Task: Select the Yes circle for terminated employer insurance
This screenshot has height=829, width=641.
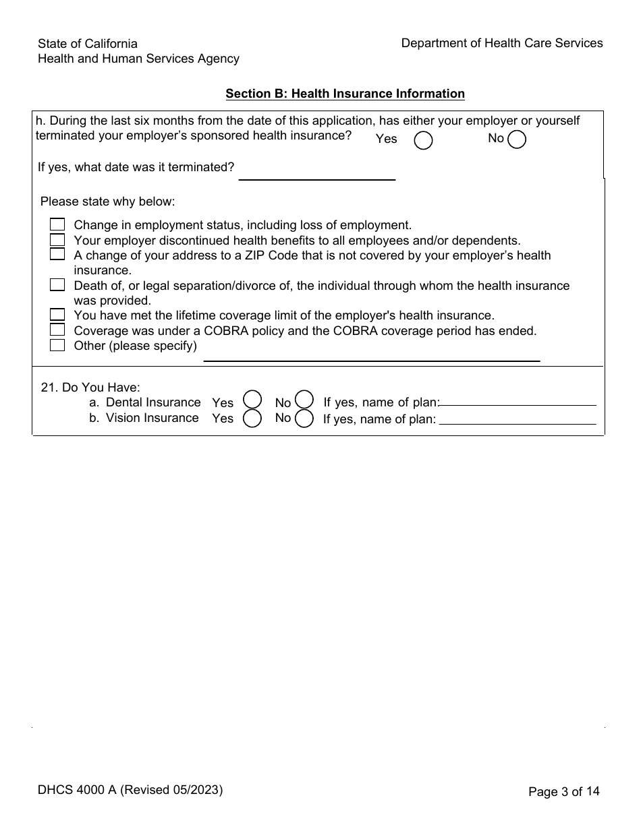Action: (423, 140)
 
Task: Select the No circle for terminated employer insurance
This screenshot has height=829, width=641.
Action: (517, 139)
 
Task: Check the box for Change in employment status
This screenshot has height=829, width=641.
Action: (57, 224)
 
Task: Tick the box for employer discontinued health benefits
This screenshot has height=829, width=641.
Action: (57, 239)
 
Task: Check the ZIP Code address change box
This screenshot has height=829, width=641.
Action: (57, 254)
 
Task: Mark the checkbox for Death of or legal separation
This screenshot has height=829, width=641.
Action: (57, 285)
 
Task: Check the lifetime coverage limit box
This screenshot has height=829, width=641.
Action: (57, 315)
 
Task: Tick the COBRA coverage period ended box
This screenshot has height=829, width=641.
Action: (57, 330)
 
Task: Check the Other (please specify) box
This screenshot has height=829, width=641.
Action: (57, 345)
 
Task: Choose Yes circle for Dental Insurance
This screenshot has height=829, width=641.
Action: (252, 400)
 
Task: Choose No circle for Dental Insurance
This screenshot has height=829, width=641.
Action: (305, 400)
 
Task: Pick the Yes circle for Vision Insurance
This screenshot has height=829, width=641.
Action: (252, 419)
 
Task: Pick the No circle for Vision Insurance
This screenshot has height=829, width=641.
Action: (305, 419)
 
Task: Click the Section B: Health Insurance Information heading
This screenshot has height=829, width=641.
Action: (345, 94)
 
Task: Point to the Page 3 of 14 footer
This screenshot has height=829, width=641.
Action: (564, 792)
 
